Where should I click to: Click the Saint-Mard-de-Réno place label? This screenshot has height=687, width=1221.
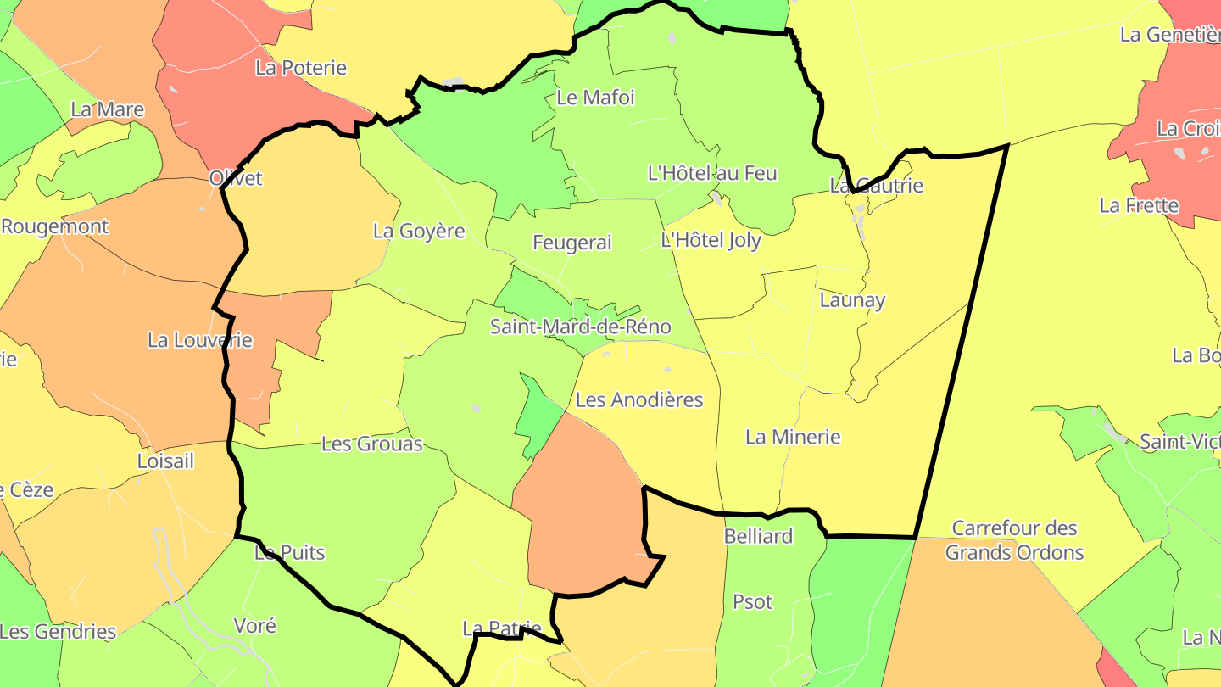[581, 327]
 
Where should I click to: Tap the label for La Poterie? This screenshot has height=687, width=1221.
[301, 68]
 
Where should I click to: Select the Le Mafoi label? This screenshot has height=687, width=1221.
[595, 98]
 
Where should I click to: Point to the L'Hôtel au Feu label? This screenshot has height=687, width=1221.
[712, 173]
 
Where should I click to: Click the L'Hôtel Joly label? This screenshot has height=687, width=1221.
[711, 240]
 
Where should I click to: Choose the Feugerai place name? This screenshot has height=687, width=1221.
[571, 243]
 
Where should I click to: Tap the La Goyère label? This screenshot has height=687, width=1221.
[419, 231]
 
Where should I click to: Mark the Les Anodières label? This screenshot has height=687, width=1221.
[639, 399]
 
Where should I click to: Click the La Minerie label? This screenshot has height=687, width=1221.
[793, 437]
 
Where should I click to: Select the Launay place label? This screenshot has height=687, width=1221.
[852, 299]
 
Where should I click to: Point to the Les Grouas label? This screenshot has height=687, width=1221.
[371, 444]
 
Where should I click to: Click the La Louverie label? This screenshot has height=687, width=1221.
[200, 340]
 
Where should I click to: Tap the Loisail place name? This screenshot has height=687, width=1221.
[165, 461]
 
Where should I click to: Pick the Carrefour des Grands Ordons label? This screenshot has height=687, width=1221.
[1014, 540]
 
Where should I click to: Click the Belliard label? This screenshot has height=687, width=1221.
[758, 536]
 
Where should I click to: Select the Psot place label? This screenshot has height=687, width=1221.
[752, 602]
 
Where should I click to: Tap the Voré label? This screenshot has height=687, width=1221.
[254, 626]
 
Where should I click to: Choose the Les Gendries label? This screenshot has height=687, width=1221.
[58, 632]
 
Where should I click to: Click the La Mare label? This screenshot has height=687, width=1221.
[107, 109]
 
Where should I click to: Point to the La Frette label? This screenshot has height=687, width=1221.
[1139, 205]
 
